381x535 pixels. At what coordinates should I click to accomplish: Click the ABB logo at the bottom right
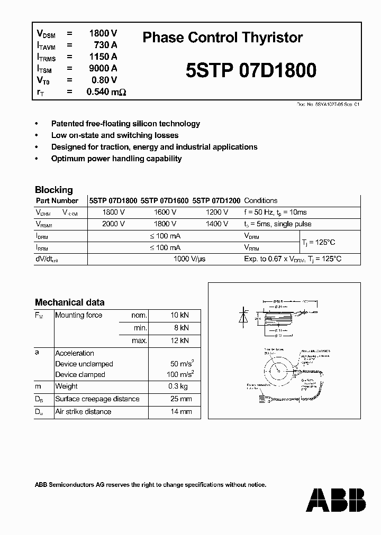point(335,500)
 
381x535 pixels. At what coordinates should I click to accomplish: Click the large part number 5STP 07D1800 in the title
point(251,70)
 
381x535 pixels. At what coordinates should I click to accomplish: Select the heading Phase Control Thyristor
point(223,38)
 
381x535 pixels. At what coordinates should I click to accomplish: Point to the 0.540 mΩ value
point(106,92)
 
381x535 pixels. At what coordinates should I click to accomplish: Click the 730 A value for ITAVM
point(105,45)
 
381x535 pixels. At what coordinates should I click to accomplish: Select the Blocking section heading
point(54,190)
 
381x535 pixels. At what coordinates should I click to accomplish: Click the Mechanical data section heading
point(69,302)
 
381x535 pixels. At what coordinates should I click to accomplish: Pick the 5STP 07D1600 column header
point(165,201)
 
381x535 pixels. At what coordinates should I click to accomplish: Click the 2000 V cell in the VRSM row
point(113,224)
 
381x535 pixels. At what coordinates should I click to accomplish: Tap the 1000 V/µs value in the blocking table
point(190,259)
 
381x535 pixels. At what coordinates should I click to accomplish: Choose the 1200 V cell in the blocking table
point(217,212)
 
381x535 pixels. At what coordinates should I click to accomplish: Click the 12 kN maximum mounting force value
point(179,341)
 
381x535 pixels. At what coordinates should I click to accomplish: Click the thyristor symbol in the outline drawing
point(244,317)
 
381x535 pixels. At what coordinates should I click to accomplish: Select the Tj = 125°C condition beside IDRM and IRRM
point(318,242)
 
